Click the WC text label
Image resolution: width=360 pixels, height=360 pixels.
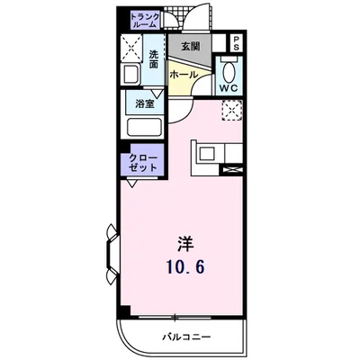coord(229,88)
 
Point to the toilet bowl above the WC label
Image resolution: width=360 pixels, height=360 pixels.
coord(229,69)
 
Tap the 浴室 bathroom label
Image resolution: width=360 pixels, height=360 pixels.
coord(144,103)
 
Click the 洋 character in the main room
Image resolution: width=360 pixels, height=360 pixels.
coord(184,243)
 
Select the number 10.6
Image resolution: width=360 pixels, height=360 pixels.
coord(184,266)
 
